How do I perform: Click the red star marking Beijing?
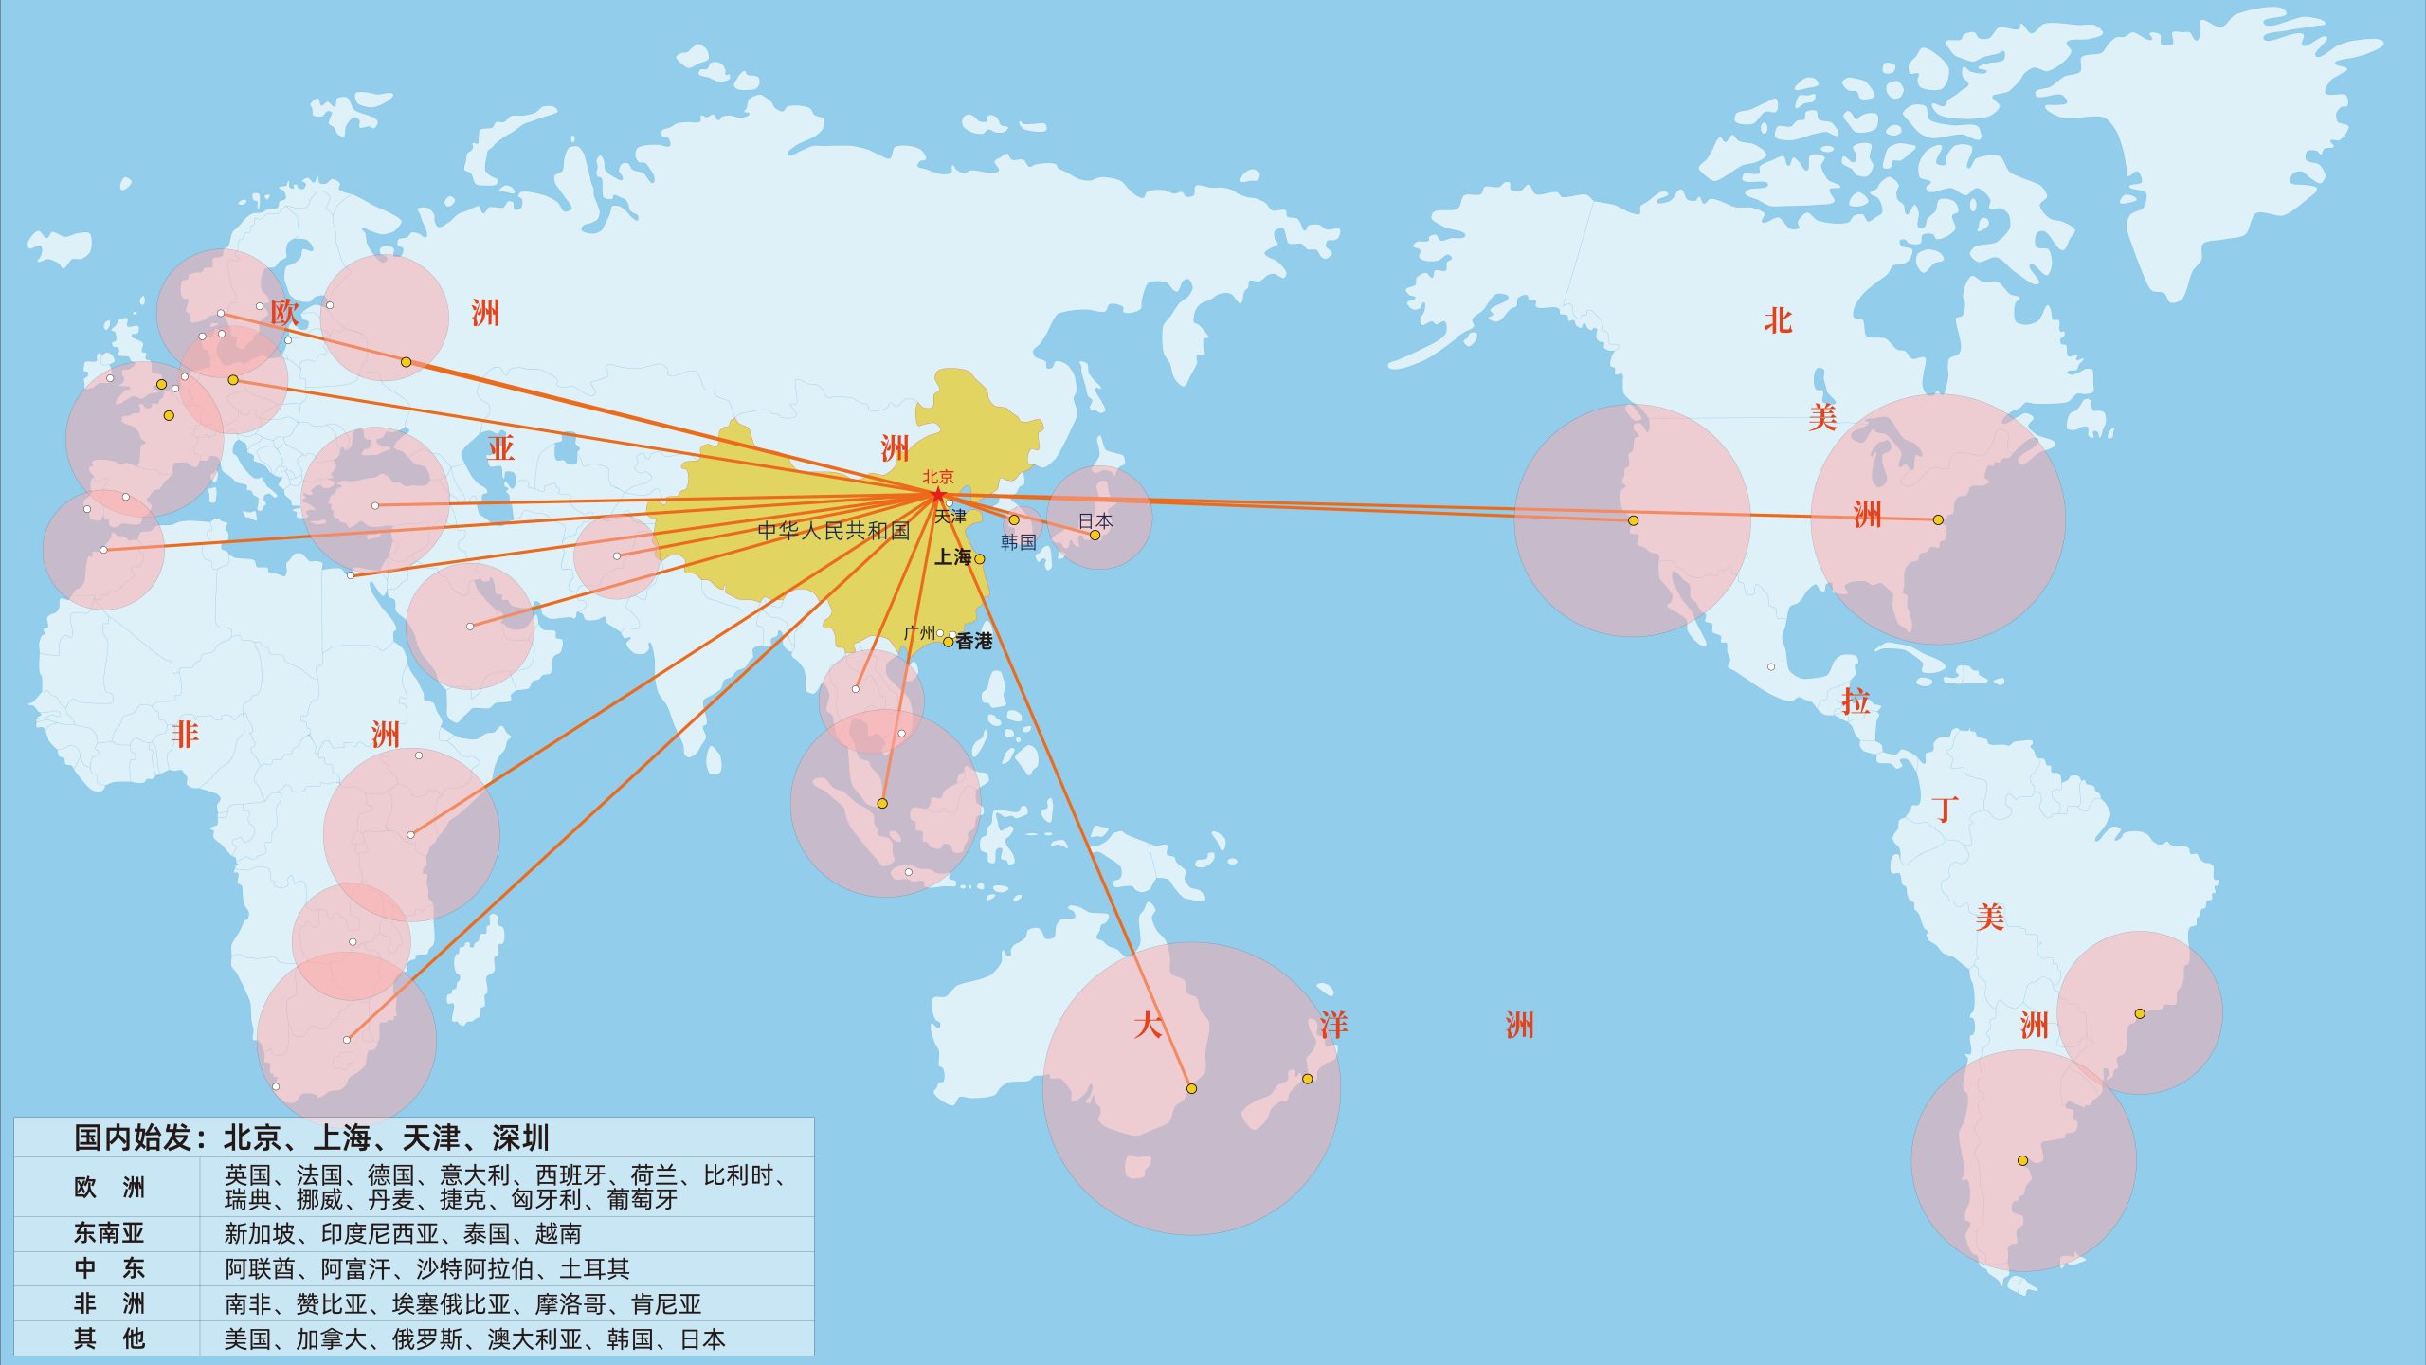pyautogui.click(x=937, y=494)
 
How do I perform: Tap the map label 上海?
pyautogui.click(x=953, y=557)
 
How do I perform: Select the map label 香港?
pyautogui.click(x=974, y=642)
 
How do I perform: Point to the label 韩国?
pyautogui.click(x=1018, y=542)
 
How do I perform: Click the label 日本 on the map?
pyautogui.click(x=1095, y=520)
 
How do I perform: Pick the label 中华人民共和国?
pyautogui.click(x=833, y=531)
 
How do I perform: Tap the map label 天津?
pyautogui.click(x=950, y=517)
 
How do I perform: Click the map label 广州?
pyautogui.click(x=919, y=632)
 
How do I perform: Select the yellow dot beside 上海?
pyautogui.click(x=980, y=559)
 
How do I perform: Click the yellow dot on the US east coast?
pyautogui.click(x=1938, y=519)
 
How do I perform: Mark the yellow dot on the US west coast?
pyautogui.click(x=1633, y=520)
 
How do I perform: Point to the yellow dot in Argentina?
pyautogui.click(x=2022, y=1160)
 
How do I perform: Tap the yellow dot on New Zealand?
pyautogui.click(x=1307, y=1079)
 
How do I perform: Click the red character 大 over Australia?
pyautogui.click(x=1148, y=1025)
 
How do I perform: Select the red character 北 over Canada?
pyautogui.click(x=1778, y=320)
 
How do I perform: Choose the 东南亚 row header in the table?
pyautogui.click(x=109, y=1233)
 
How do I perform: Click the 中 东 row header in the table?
pyautogui.click(x=109, y=1268)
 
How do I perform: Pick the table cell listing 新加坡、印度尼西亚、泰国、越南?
pyautogui.click(x=403, y=1233)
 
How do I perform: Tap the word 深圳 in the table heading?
pyautogui.click(x=520, y=1137)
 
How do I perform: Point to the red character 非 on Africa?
pyautogui.click(x=185, y=734)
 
